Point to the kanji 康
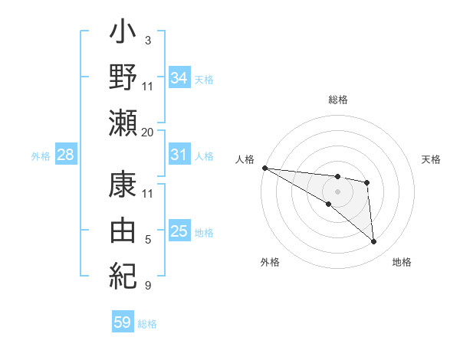click(x=123, y=185)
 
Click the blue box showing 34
click(x=179, y=77)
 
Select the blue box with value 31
click(x=179, y=155)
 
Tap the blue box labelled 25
click(x=179, y=231)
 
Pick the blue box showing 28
click(x=66, y=155)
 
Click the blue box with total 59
click(x=122, y=322)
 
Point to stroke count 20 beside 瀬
click(x=148, y=132)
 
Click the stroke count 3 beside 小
click(x=148, y=39)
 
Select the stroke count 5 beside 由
click(x=148, y=241)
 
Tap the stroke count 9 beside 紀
click(x=148, y=286)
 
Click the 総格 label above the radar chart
click(x=338, y=100)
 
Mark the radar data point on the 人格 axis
click(x=264, y=168)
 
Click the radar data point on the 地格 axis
click(x=374, y=242)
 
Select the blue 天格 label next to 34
click(x=204, y=79)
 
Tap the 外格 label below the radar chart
click(x=270, y=262)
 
